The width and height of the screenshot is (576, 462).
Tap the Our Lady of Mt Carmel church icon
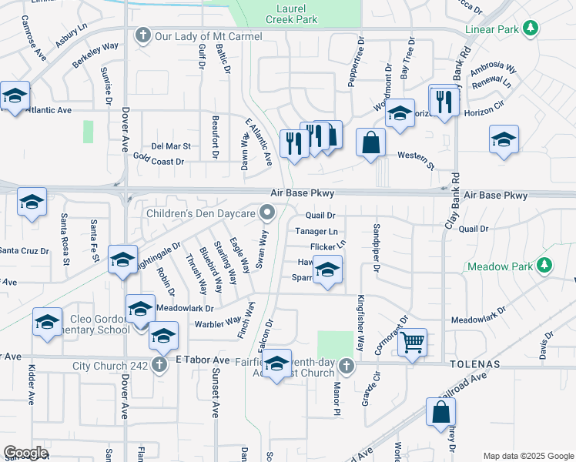142,35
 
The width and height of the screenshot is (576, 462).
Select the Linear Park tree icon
530,28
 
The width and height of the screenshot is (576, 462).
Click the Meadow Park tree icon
545,266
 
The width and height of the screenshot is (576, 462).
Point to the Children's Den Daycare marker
268,211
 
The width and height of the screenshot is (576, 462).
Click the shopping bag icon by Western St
371,142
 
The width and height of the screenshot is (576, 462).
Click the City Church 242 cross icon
159,364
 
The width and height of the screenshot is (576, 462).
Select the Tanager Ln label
316,231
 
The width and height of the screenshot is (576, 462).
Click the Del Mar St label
171,146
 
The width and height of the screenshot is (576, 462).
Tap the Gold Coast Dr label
159,159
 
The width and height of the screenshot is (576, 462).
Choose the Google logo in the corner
25,453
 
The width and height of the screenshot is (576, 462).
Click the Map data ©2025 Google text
527,456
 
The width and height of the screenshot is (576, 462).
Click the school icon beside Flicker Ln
327,272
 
